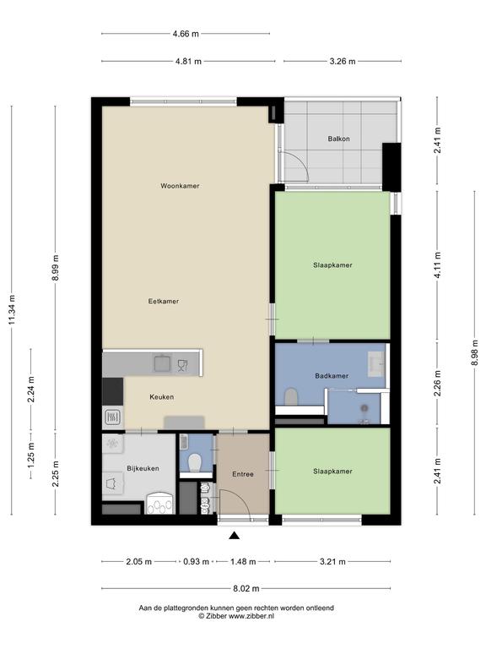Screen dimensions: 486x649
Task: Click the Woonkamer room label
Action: (x=180, y=186)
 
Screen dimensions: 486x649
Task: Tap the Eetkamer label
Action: (x=164, y=302)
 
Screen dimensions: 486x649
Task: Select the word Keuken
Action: (x=162, y=397)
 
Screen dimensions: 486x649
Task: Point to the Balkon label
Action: (x=339, y=139)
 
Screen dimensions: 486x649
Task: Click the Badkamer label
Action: (x=332, y=376)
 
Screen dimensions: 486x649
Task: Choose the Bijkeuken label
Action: (x=143, y=468)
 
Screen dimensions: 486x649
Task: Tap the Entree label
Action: (x=243, y=474)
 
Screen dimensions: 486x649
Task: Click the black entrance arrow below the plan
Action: (x=235, y=536)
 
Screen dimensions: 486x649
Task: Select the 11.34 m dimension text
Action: (x=13, y=309)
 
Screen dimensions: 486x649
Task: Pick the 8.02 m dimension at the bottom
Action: (x=246, y=588)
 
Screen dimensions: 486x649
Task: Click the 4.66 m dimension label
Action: (x=186, y=34)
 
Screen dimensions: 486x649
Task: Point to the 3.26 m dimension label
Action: (x=343, y=62)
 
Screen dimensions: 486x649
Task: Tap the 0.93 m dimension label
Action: (x=197, y=562)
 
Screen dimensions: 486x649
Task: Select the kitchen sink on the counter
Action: (x=162, y=363)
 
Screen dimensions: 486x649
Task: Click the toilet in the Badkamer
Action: (x=291, y=396)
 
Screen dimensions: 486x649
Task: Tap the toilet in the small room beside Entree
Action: (x=195, y=463)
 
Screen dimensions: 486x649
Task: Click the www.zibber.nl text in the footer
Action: (x=251, y=616)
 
